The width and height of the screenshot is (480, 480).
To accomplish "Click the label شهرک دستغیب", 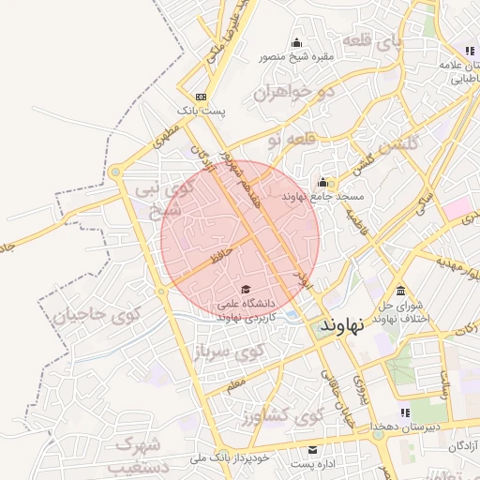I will point(141,454).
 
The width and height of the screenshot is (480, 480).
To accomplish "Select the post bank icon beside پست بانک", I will point(201,97).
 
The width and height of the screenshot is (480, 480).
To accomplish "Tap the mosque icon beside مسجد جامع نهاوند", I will point(324,182).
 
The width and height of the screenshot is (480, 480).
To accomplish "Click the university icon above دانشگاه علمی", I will point(246,289).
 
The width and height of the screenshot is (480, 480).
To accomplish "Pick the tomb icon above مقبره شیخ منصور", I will point(297,42).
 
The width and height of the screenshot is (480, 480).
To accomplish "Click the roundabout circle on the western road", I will point(116,172).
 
